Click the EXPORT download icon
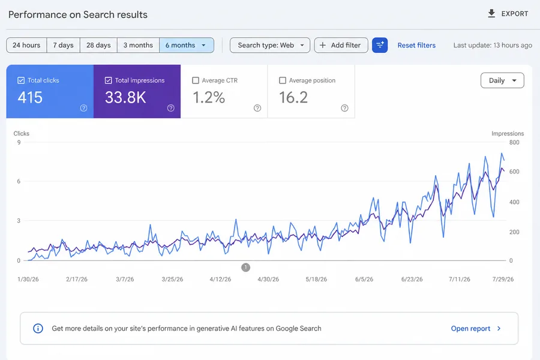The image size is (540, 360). (491, 13)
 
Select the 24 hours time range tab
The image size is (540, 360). (26, 45)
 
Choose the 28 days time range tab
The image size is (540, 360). (98, 45)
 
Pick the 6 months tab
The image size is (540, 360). (187, 45)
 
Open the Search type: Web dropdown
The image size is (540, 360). (270, 45)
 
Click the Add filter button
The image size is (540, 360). (341, 45)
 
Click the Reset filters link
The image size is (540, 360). (416, 45)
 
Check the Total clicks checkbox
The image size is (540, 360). (21, 80)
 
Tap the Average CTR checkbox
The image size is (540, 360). (196, 80)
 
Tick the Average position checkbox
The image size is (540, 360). (283, 80)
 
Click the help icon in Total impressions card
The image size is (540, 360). (171, 108)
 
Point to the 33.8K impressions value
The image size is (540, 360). (125, 97)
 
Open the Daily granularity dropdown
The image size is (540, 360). (502, 80)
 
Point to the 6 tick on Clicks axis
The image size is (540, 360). (19, 181)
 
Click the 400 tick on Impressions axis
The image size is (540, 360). (514, 202)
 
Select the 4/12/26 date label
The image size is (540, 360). (220, 279)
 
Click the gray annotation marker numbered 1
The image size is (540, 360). (245, 268)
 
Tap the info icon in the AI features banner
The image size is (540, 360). (38, 329)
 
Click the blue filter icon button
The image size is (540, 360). (380, 45)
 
